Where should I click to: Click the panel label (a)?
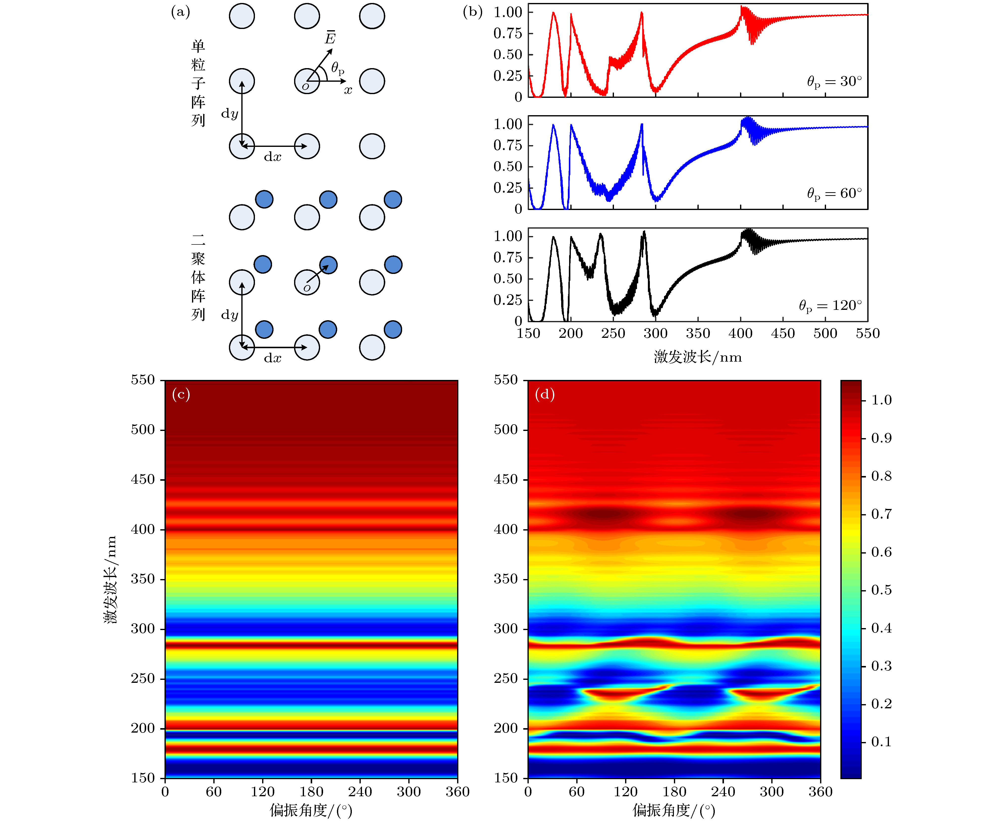pos(180,12)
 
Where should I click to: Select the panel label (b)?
pos(472,12)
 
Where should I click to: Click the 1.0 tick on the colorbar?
pos(881,400)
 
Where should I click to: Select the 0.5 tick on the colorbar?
pos(881,590)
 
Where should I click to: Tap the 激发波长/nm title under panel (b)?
pos(698,357)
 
